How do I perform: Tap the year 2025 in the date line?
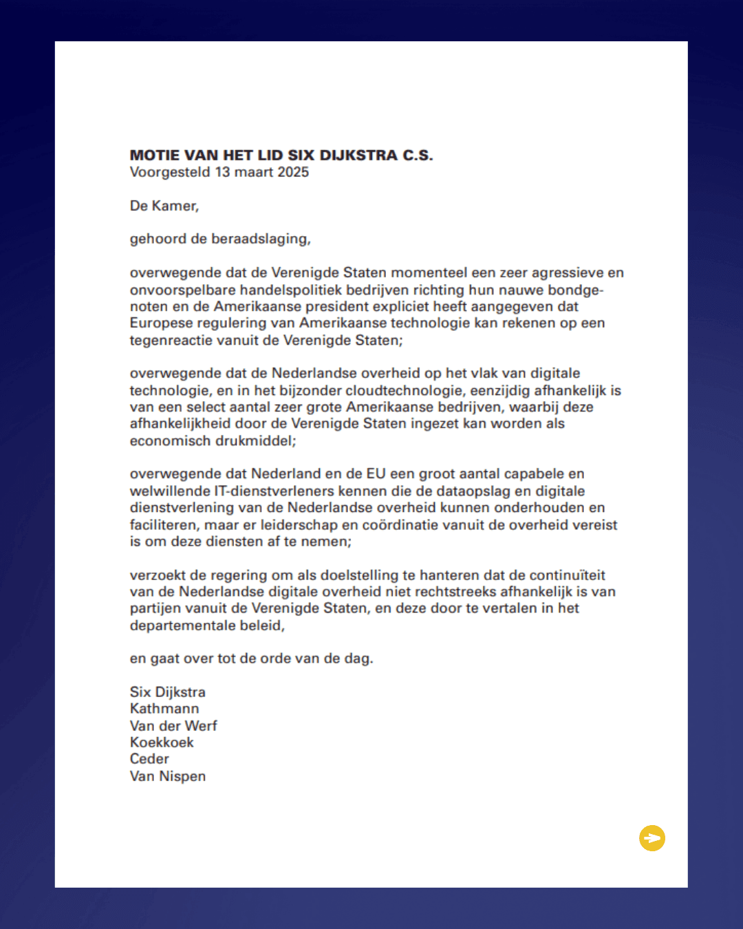(x=293, y=172)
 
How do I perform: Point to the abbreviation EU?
(x=376, y=473)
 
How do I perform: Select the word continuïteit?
(x=563, y=575)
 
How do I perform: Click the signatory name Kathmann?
(x=164, y=709)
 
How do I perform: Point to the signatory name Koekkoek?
(x=162, y=743)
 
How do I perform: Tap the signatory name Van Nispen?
(x=168, y=776)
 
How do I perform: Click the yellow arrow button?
(x=652, y=838)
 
